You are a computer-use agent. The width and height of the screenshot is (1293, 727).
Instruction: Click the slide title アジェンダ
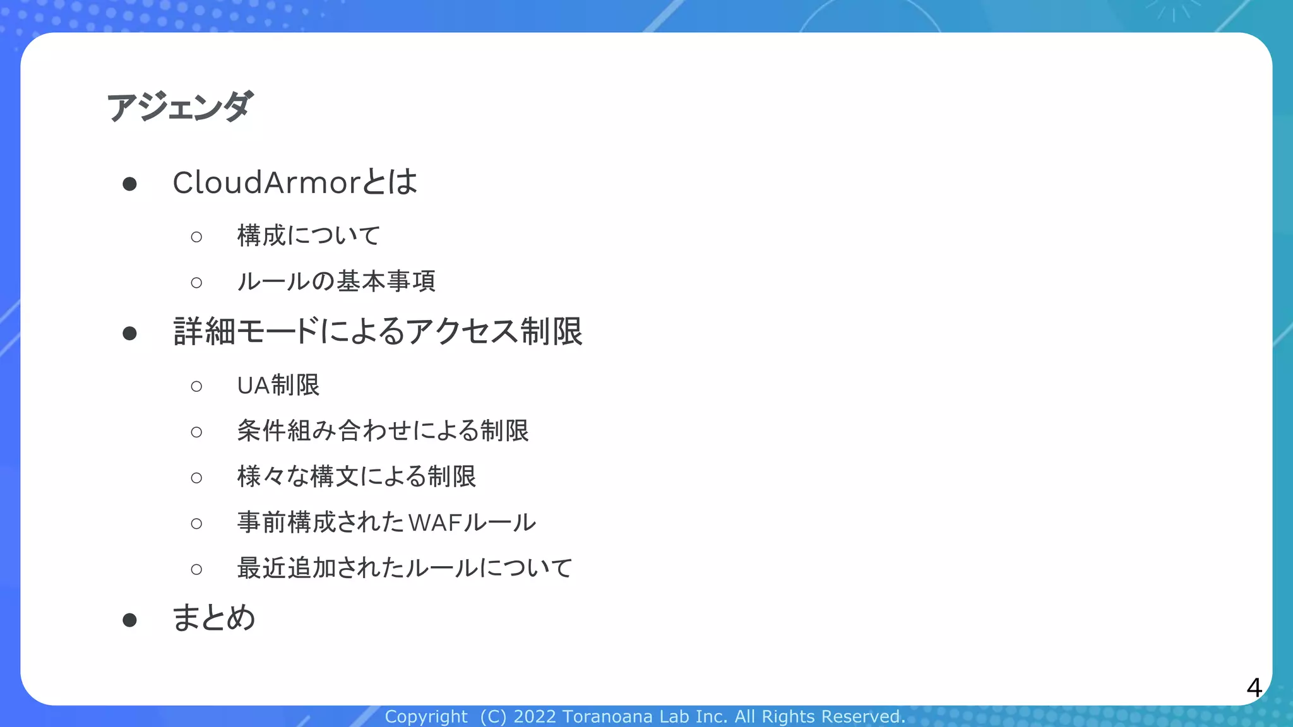point(180,106)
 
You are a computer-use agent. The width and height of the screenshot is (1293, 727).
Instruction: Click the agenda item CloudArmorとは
point(295,182)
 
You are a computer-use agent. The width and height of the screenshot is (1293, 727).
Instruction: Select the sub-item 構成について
point(309,236)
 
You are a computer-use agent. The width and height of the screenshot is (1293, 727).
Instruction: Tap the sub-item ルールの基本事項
point(336,281)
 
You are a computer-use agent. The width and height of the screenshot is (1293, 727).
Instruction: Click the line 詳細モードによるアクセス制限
point(378,331)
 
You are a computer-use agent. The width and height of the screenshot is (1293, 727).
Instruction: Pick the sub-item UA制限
point(278,386)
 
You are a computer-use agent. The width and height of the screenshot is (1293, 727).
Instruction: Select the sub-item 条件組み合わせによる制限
point(383,431)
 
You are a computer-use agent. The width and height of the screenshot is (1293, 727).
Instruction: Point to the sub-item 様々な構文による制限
point(356,477)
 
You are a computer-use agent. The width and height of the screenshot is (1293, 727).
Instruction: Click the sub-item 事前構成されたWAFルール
point(386,523)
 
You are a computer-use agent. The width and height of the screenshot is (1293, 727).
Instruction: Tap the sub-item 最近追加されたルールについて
point(405,568)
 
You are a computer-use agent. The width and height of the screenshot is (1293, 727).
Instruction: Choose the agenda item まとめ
point(214,618)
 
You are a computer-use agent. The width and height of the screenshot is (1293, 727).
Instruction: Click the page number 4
point(1254,687)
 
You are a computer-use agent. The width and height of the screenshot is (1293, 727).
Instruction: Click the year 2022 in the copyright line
point(535,717)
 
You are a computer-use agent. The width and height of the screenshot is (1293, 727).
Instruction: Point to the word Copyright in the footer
point(426,717)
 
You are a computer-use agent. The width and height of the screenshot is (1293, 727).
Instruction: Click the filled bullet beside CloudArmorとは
point(130,184)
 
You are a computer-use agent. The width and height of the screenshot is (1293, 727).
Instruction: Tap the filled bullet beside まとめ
point(130,620)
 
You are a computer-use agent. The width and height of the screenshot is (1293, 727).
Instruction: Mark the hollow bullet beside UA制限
point(196,386)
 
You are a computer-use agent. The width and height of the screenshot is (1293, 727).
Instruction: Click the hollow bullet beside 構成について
point(196,237)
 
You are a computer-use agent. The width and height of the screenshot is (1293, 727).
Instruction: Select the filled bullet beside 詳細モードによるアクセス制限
point(130,333)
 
